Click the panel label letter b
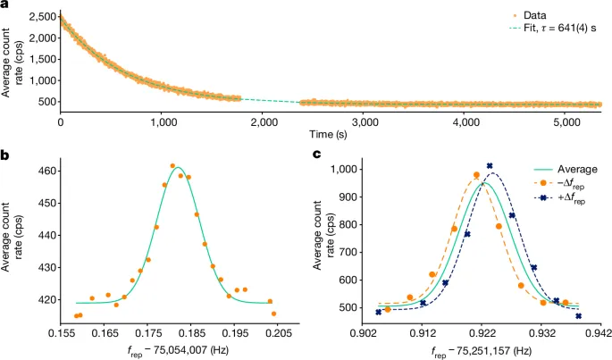point(6,155)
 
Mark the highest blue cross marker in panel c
point(490,165)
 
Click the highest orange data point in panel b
point(173,166)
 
